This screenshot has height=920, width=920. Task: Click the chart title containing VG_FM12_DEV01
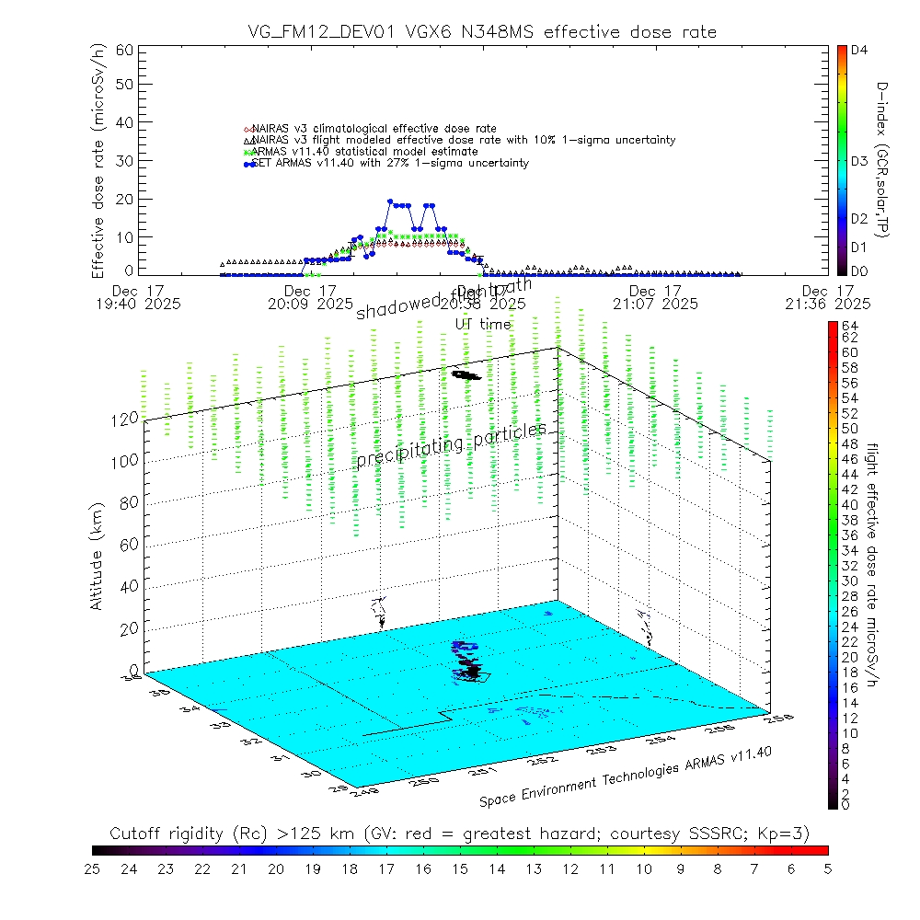tap(482, 32)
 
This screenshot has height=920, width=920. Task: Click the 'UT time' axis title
tap(483, 324)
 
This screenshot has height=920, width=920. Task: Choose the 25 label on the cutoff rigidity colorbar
tap(93, 868)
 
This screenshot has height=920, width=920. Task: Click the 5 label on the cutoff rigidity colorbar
tap(827, 868)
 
